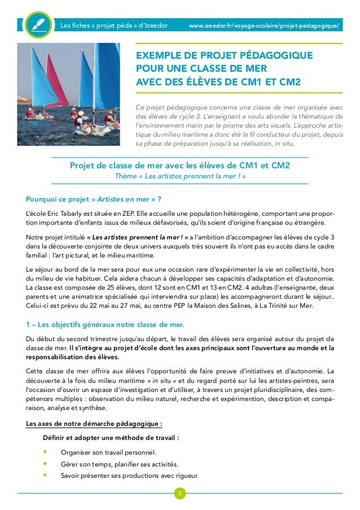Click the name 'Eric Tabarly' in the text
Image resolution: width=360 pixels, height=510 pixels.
click(66, 212)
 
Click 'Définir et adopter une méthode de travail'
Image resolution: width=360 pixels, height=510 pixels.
click(111, 437)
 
